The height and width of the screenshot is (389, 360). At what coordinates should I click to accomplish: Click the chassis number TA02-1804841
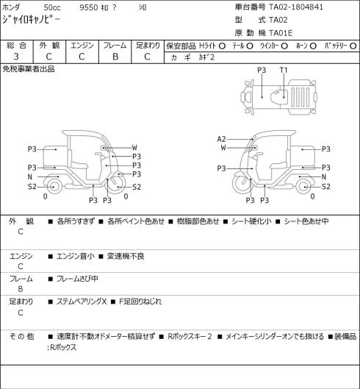[x=296, y=7]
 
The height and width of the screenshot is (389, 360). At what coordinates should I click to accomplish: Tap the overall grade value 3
[x=16, y=57]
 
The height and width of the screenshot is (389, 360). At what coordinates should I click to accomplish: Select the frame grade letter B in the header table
[x=115, y=57]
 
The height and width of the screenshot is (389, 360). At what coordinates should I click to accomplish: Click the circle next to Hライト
[x=222, y=46]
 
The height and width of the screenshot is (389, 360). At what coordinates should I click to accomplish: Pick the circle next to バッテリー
[x=353, y=46]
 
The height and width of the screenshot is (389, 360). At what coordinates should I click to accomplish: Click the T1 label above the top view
[x=284, y=71]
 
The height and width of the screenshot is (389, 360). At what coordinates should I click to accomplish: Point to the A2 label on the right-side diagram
[x=221, y=139]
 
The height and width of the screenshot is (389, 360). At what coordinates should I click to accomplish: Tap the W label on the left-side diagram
[x=134, y=148]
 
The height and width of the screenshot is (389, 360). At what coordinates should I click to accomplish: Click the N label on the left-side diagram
[x=30, y=177]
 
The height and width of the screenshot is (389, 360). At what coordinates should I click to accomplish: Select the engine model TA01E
[x=281, y=33]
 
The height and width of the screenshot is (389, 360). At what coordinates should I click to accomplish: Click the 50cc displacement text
[x=52, y=7]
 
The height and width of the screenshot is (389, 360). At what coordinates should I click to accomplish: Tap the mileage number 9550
[x=88, y=7]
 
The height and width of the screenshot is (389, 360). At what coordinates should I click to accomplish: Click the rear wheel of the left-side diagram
[x=54, y=187]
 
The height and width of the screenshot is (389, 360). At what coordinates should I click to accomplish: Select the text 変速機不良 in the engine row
[x=126, y=256]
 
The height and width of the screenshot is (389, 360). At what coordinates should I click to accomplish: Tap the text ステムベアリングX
[x=82, y=301]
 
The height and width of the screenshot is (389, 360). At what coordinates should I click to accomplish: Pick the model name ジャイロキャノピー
[x=32, y=20]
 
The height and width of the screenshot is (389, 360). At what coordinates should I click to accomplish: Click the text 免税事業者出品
[x=29, y=69]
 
